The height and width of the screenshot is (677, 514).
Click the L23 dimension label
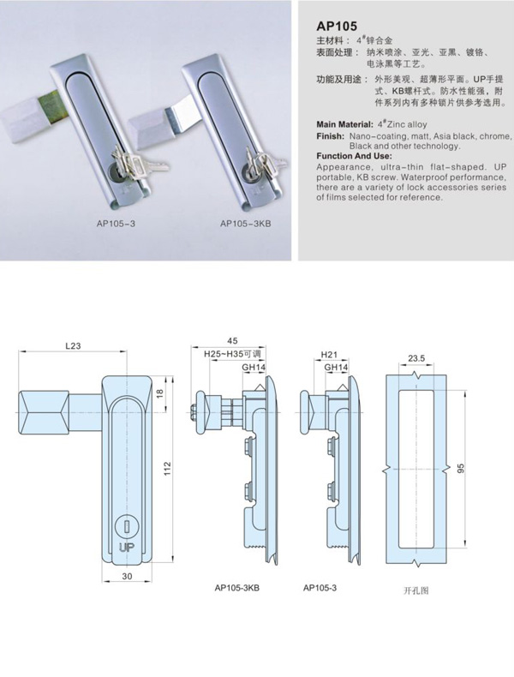[73, 346]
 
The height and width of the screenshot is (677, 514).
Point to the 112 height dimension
[167, 469]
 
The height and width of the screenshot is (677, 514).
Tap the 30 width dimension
[127, 576]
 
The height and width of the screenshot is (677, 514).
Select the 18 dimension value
[159, 393]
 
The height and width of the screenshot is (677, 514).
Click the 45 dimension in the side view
[232, 341]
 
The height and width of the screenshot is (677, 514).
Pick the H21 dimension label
[329, 355]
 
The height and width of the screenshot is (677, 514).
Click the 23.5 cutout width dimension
[416, 358]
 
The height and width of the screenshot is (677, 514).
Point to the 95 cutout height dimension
[461, 469]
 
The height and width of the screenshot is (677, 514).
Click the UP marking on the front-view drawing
[127, 548]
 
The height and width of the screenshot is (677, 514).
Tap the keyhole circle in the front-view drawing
[127, 527]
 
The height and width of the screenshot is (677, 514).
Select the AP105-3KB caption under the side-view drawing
[237, 588]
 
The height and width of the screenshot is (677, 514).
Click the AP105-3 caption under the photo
[116, 224]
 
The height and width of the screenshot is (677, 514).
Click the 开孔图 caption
[416, 590]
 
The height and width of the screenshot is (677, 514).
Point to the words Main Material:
[345, 124]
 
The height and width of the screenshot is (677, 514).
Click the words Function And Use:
[355, 156]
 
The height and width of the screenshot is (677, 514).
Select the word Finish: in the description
[330, 136]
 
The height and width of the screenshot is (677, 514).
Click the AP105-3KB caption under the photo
[246, 224]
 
